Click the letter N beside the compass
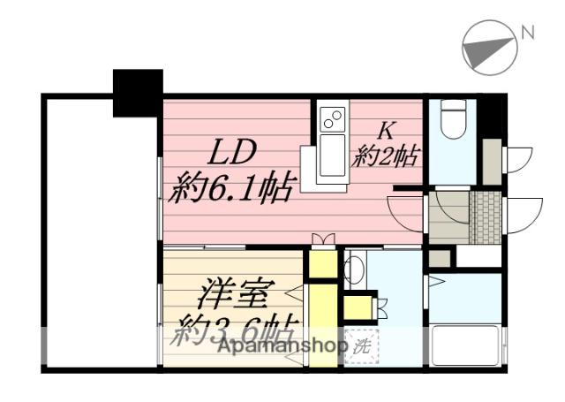(x=528, y=34)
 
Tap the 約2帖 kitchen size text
(x=386, y=158)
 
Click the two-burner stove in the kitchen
(x=334, y=118)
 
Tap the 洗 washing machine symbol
(x=360, y=345)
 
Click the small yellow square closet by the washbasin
(x=358, y=307)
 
